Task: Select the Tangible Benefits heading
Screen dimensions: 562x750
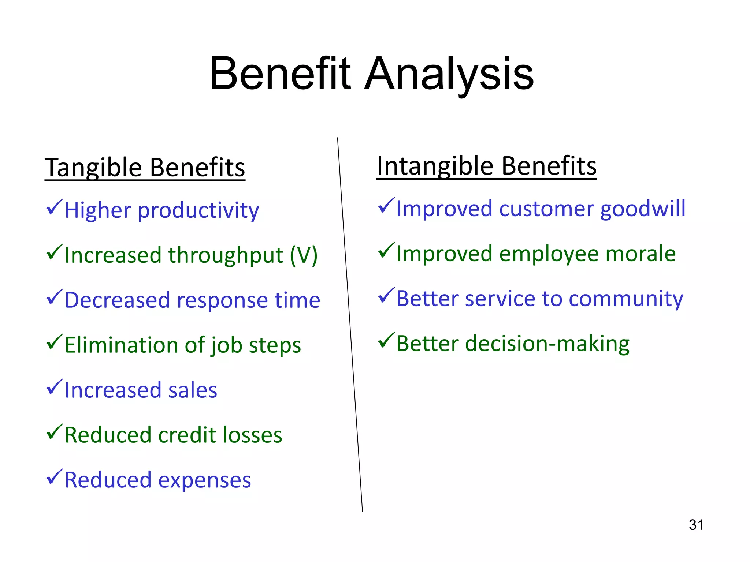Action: (x=145, y=168)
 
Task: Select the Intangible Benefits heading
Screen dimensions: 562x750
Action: (x=487, y=166)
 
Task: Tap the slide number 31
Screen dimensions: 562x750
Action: (x=696, y=525)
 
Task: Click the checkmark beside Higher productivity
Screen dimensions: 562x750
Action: (x=54, y=207)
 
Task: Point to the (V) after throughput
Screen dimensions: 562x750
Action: (x=304, y=255)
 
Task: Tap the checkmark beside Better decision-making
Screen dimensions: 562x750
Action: (x=386, y=340)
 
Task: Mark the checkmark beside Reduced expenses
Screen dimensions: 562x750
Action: (x=54, y=477)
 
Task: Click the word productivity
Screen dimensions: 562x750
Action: (x=198, y=210)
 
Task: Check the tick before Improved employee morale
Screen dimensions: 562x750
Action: (x=386, y=251)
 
